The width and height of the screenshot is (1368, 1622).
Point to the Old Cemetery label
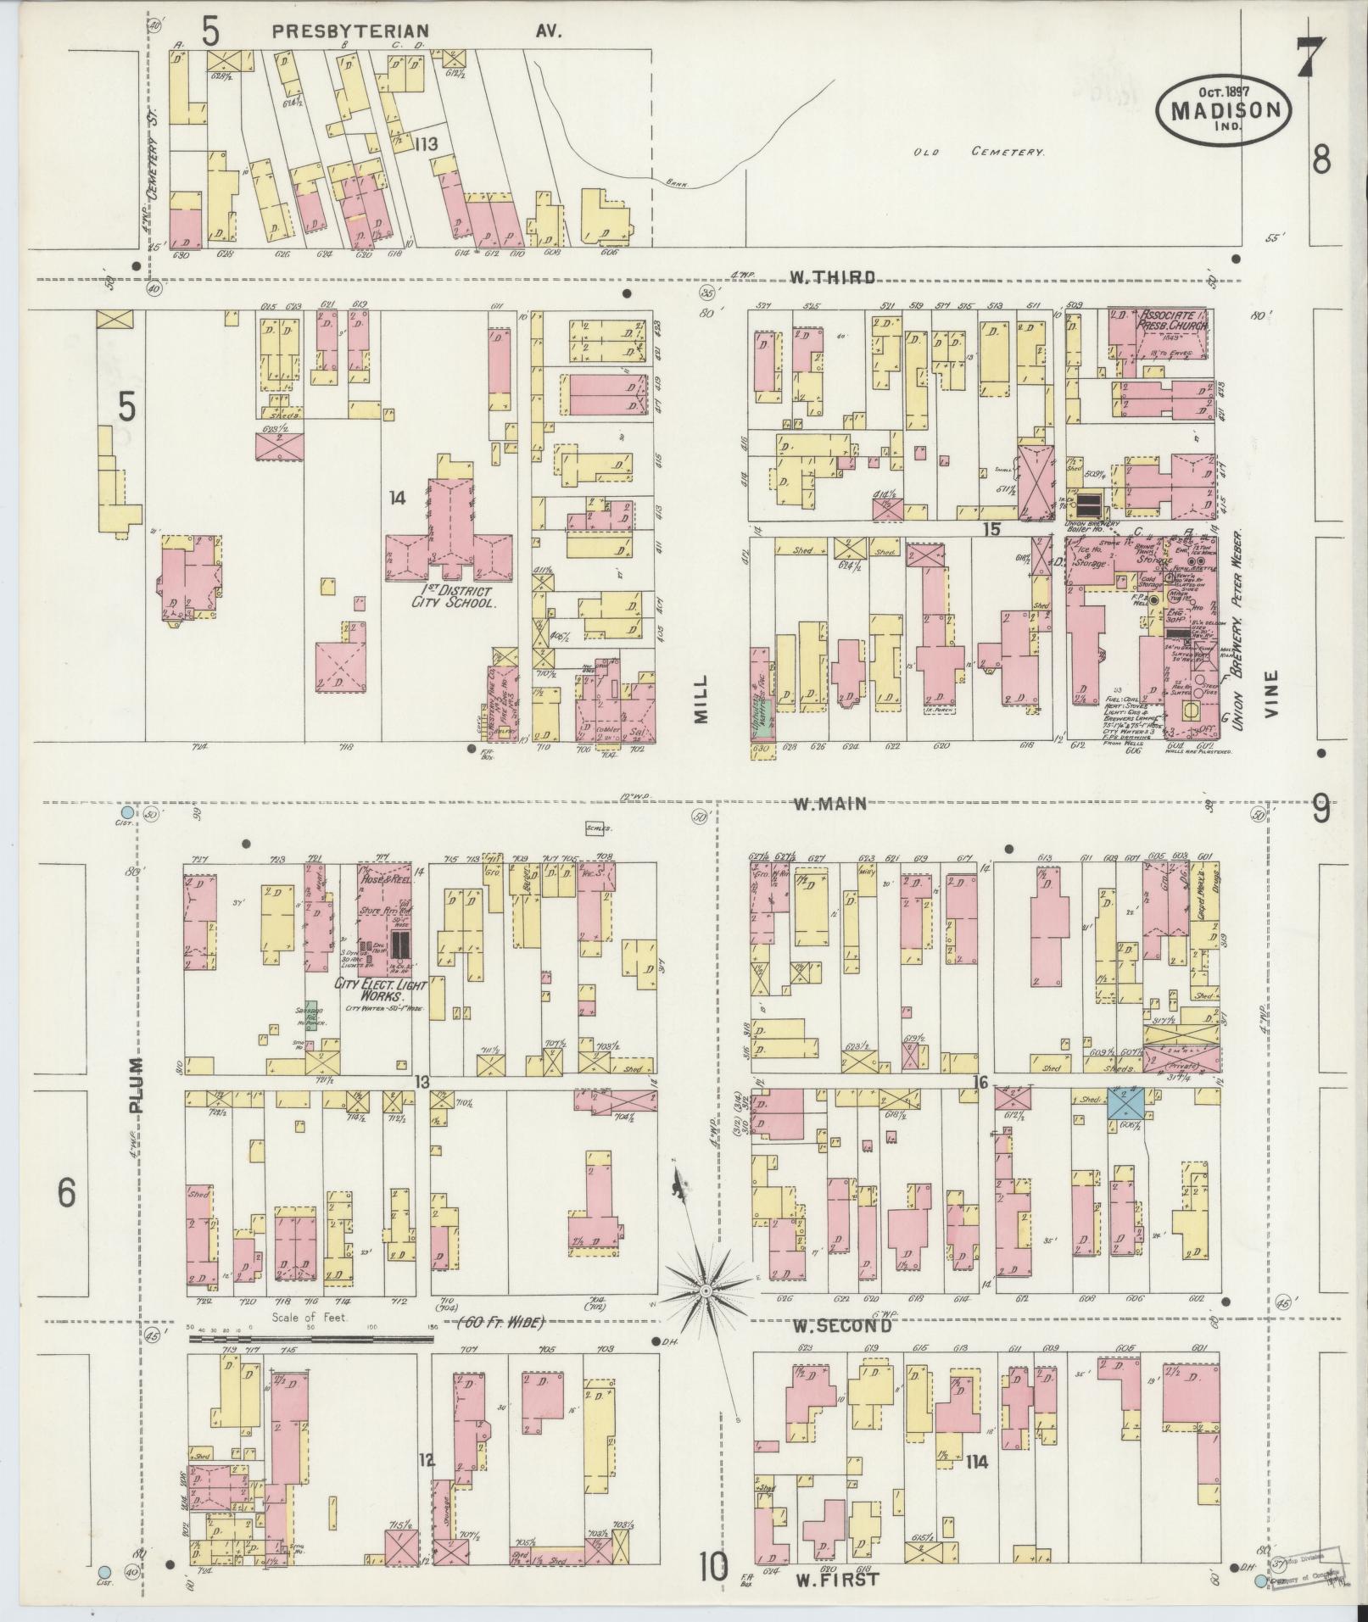[x=978, y=153]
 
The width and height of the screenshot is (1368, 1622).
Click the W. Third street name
[x=832, y=276]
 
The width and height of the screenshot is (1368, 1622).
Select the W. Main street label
[x=830, y=803]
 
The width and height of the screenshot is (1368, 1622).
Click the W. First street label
[x=837, y=1580]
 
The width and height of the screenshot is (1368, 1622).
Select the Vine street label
[x=1271, y=694]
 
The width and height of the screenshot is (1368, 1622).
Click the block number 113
[x=426, y=144]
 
